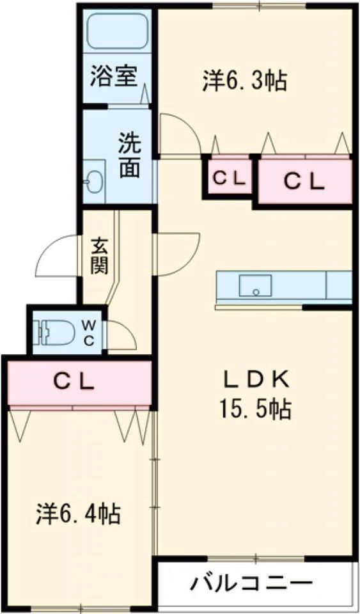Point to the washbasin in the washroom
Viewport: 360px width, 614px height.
coord(95,182)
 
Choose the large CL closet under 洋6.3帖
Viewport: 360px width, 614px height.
coord(304,182)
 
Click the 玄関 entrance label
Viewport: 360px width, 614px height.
coord(99,255)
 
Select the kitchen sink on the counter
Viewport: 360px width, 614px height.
coord(255,286)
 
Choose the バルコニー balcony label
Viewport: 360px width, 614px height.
coord(251,583)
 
